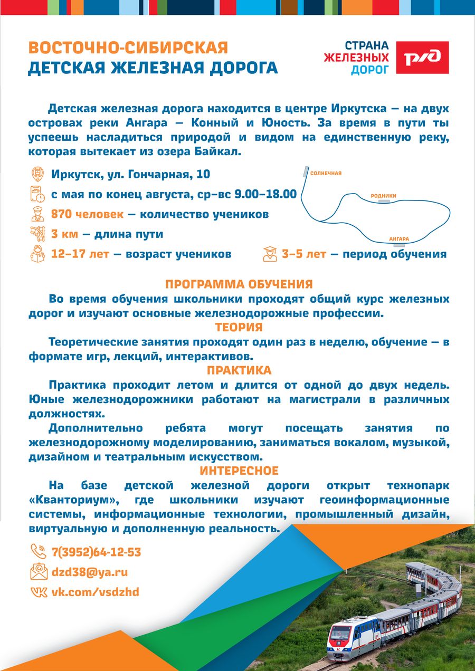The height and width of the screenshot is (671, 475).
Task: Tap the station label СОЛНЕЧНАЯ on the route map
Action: (326, 173)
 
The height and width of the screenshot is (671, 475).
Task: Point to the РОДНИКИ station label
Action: (383, 196)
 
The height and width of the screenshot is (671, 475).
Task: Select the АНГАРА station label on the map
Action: (399, 239)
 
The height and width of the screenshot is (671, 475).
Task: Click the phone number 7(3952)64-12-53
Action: (96, 552)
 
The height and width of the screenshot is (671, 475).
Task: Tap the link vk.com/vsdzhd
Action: (95, 592)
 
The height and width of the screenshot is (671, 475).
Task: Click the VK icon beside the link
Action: (38, 592)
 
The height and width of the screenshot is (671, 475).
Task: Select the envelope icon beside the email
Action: (38, 572)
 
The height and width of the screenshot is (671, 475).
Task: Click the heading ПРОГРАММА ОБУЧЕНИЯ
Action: (239, 284)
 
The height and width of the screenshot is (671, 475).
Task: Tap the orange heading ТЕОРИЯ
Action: (239, 327)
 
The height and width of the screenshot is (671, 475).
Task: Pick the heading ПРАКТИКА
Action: (239, 370)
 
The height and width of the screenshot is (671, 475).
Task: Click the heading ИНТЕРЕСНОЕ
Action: (239, 470)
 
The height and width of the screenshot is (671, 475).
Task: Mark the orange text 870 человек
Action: (87, 214)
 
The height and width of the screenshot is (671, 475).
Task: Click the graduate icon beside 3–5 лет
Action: (270, 254)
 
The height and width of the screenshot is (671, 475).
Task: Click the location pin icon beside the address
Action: (38, 174)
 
